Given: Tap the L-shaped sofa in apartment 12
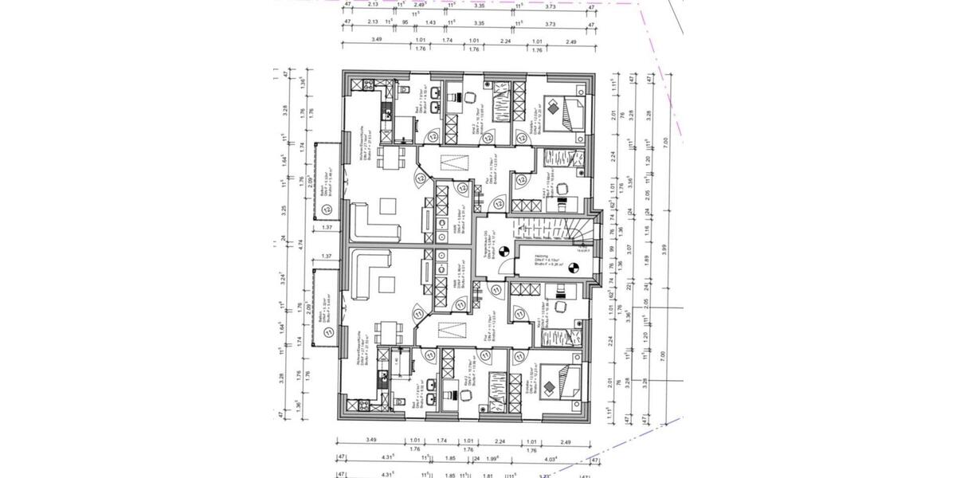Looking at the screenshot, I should (373, 222).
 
